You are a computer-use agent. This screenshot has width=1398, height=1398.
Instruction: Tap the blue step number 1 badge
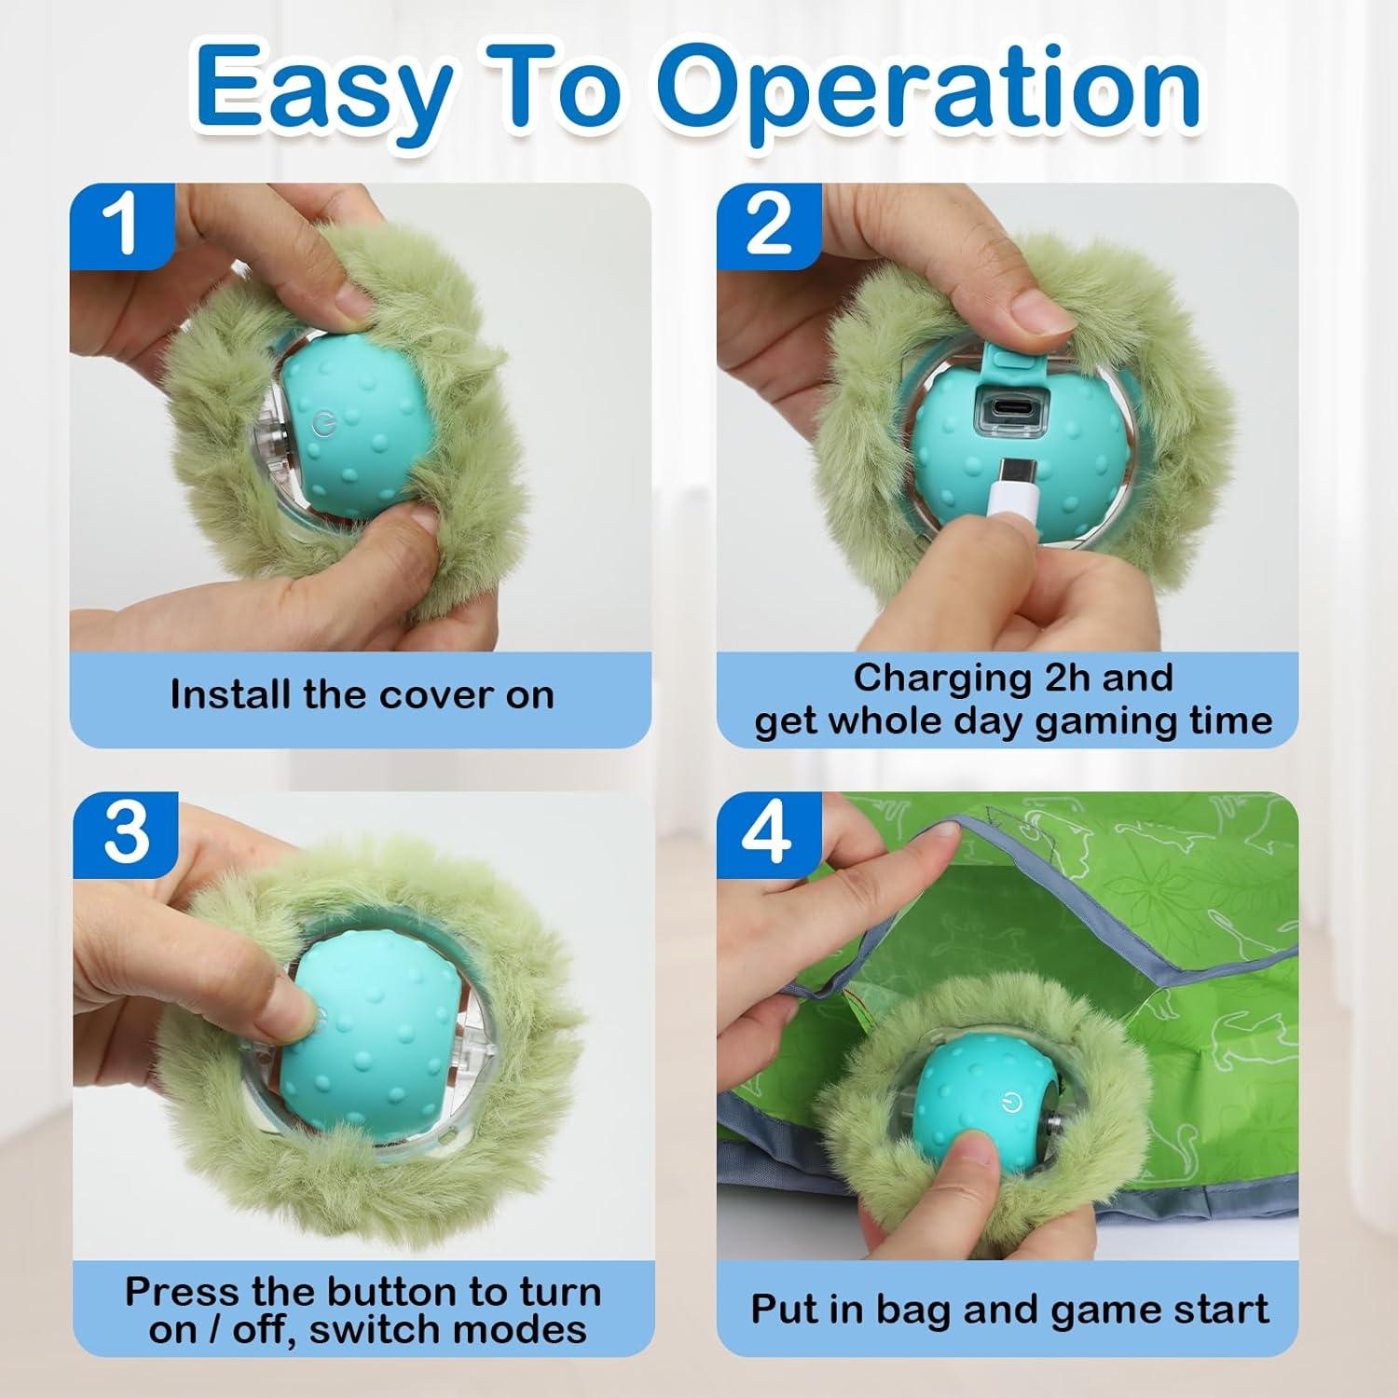coord(121,226)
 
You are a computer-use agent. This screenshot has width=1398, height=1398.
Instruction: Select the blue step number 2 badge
coord(768,226)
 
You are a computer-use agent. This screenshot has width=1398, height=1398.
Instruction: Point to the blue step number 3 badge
coord(125,832)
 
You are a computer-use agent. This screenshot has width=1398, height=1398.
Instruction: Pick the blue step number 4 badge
coord(768,832)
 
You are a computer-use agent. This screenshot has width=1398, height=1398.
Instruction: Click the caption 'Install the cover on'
coord(362,695)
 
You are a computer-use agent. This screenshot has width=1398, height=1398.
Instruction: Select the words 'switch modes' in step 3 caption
coord(447,1330)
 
